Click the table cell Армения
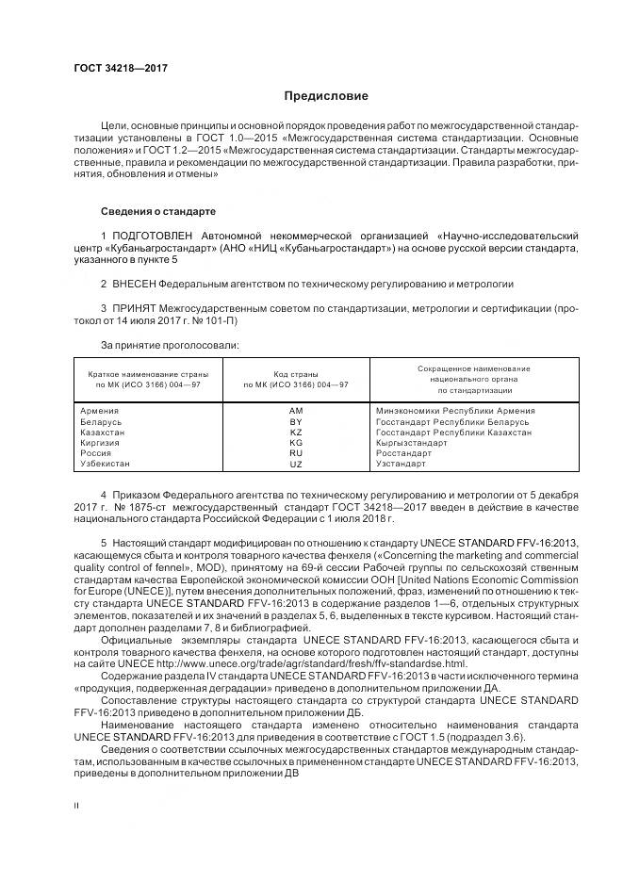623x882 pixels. pyautogui.click(x=100, y=411)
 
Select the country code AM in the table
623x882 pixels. pyautogui.click(x=296, y=411)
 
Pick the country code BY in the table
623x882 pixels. pyautogui.click(x=296, y=421)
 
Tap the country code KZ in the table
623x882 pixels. pyautogui.click(x=296, y=432)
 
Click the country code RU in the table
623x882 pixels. pyautogui.click(x=296, y=453)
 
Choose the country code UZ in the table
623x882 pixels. pyautogui.click(x=296, y=465)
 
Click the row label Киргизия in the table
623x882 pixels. pyautogui.click(x=101, y=442)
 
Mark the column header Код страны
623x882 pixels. pyautogui.click(x=296, y=373)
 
